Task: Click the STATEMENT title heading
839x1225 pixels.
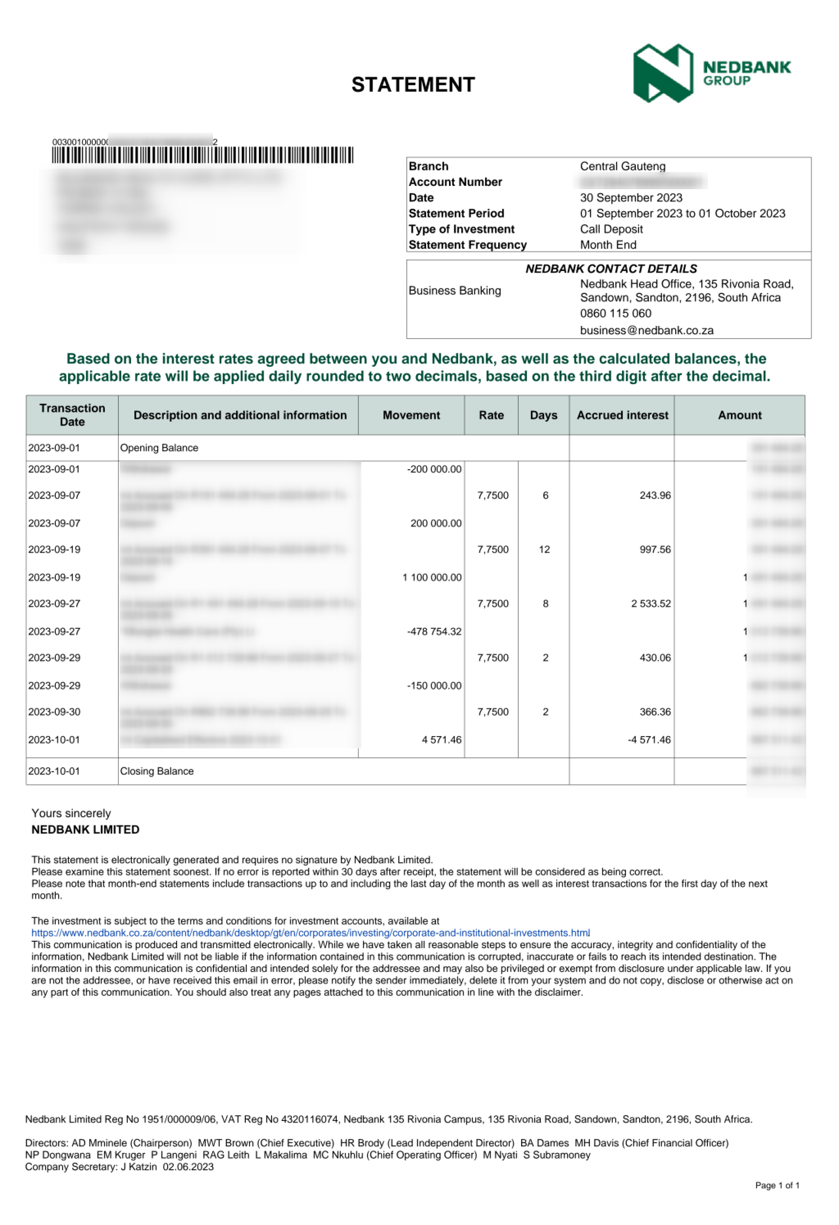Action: coord(413,85)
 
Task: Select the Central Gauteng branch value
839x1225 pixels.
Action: coord(622,167)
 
